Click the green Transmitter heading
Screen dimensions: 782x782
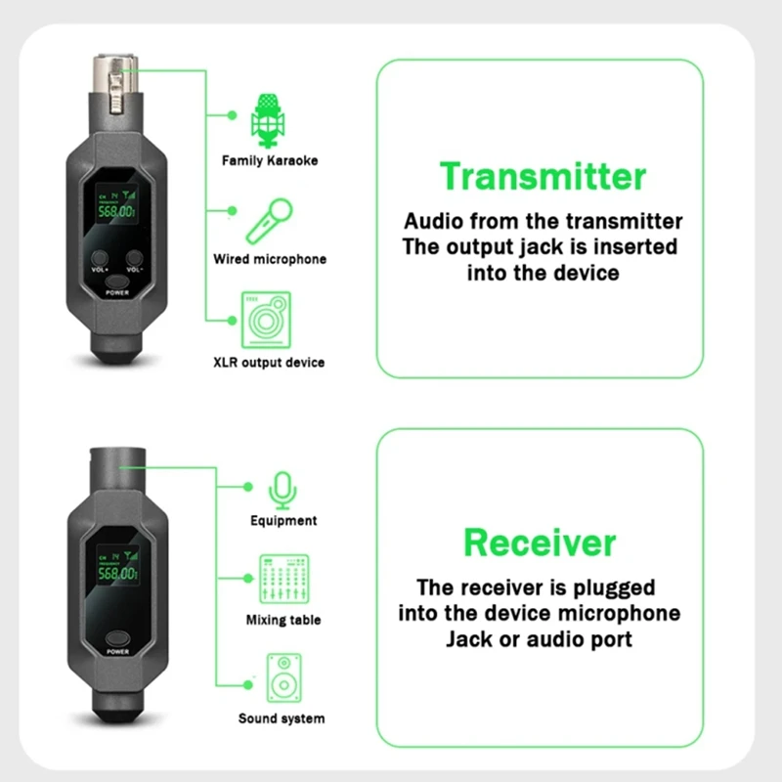coord(543,177)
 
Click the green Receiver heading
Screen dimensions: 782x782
coord(540,542)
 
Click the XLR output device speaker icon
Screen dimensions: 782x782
coord(266,320)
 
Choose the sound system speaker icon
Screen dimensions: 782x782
coord(282,678)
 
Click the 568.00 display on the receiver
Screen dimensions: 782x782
coord(116,574)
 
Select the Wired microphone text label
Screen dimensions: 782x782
coord(270,260)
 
